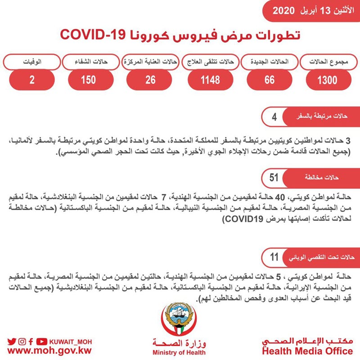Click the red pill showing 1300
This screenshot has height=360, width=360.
click(327, 80)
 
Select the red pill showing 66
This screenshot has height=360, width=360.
click(269, 80)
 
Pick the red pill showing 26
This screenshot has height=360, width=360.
click(150, 80)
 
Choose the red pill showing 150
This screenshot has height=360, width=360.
click(89, 80)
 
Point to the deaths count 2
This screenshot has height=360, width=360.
click(32, 80)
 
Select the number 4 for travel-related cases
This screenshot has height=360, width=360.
click(274, 118)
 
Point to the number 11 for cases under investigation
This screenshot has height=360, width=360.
click(274, 257)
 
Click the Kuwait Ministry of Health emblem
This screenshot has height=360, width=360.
click(179, 320)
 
